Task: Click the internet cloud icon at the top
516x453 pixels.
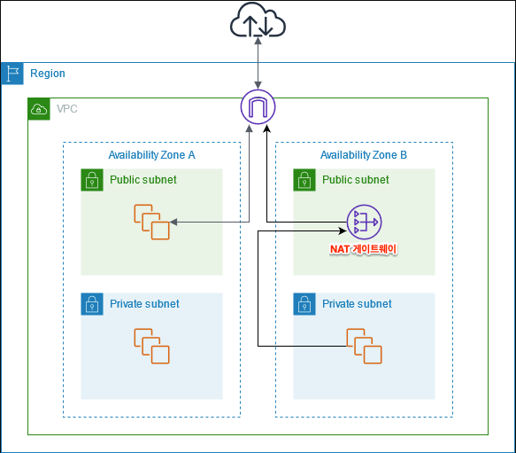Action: pos(258,20)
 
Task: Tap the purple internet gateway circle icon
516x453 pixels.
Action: pos(258,106)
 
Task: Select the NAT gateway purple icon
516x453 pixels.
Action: pos(364,222)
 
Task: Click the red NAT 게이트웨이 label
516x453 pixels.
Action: pos(363,249)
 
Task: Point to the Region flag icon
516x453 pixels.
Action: pos(12,74)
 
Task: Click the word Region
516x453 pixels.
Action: pos(48,74)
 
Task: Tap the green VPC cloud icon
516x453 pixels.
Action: pos(39,109)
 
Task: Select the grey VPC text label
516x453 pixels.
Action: pos(66,109)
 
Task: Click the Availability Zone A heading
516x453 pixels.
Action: pos(151,155)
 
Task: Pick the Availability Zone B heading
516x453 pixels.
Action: pos(364,155)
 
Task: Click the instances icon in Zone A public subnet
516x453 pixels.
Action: pos(151,222)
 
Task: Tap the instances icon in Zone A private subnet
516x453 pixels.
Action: pos(151,346)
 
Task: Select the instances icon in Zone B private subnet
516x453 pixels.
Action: pos(364,346)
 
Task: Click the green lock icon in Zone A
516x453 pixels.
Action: pos(92,180)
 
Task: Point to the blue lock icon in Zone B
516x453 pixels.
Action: pos(304,304)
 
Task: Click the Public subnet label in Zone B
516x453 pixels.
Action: pos(356,180)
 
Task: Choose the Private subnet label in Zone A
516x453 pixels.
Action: pos(144,304)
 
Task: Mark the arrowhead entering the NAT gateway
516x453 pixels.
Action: pos(343,230)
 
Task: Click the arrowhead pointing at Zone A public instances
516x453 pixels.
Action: pos(173,222)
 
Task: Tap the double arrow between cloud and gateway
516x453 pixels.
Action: pos(258,63)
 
